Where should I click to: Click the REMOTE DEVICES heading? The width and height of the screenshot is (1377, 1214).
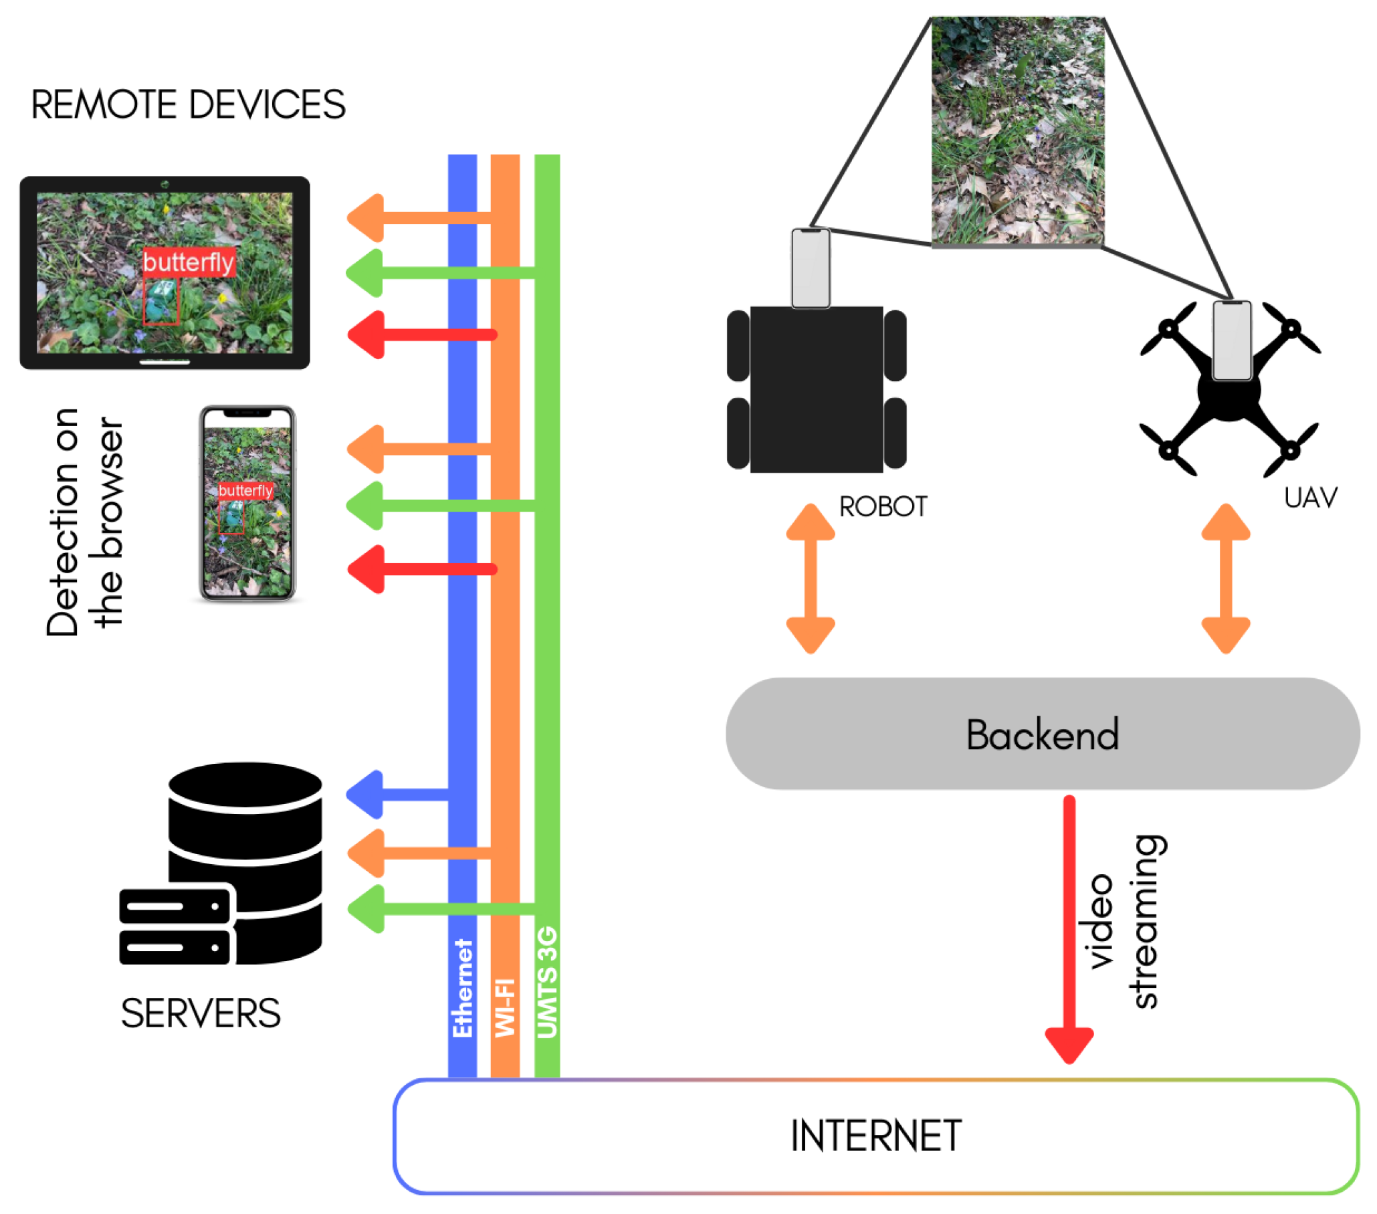pos(188,105)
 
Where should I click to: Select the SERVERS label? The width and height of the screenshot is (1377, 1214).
pos(201,1013)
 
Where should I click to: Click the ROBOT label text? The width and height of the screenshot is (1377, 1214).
pos(883,506)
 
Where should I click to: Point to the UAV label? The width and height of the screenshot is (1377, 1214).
pos(1310,498)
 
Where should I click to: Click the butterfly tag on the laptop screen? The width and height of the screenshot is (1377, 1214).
pos(189,262)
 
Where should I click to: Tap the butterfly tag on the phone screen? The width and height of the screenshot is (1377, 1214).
pos(245,490)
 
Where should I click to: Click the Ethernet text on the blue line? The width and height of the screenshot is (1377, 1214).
pos(463,988)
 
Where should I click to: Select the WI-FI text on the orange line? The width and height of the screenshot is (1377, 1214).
pos(506,1007)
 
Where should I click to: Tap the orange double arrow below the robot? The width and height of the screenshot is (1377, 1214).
pos(811,578)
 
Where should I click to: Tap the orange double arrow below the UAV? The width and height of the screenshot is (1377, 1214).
pos(1226,578)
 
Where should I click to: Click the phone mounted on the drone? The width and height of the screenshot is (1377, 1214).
pos(1231,340)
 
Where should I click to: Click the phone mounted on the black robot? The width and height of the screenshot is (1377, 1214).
pos(811,268)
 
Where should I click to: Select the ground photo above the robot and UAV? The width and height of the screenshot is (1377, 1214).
pos(1017,131)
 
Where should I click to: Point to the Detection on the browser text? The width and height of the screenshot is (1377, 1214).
pos(85,522)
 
